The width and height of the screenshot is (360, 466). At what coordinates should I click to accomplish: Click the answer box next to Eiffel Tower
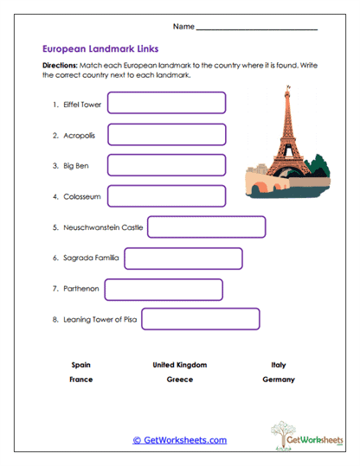pyautogui.click(x=166, y=104)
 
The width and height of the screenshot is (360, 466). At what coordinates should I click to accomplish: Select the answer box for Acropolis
pyautogui.click(x=166, y=135)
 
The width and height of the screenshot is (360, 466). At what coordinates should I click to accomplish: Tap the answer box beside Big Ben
pyautogui.click(x=166, y=165)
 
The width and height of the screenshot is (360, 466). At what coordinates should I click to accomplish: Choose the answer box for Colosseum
pyautogui.click(x=166, y=196)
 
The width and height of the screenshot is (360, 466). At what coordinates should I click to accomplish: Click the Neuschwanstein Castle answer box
pyautogui.click(x=206, y=227)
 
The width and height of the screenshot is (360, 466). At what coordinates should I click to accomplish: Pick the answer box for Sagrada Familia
pyautogui.click(x=183, y=258)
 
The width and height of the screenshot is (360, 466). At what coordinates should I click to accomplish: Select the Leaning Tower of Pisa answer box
pyautogui.click(x=201, y=319)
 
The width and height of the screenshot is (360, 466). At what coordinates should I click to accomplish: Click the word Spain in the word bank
pyautogui.click(x=81, y=365)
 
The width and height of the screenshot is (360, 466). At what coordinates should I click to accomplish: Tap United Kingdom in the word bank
pyautogui.click(x=179, y=365)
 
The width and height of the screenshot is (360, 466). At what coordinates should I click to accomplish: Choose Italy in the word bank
pyautogui.click(x=278, y=365)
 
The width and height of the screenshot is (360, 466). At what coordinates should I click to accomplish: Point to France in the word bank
pyautogui.click(x=81, y=380)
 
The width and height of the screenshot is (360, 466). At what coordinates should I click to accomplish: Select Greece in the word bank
pyautogui.click(x=179, y=380)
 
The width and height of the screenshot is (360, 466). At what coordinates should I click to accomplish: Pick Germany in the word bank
pyautogui.click(x=278, y=380)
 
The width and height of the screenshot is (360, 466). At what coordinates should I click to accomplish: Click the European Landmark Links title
pyautogui.click(x=100, y=50)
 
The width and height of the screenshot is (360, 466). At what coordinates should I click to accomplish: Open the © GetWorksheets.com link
pyautogui.click(x=179, y=440)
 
